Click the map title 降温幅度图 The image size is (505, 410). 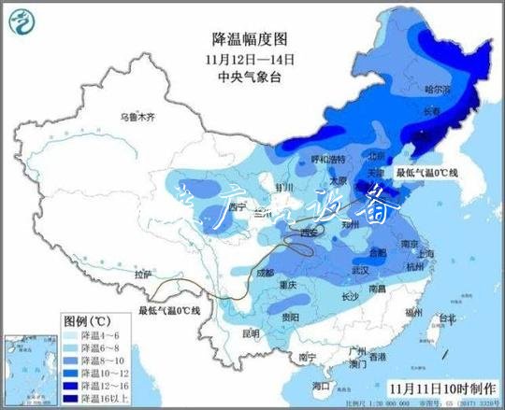[x=249, y=38]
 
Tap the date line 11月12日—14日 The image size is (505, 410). [x=249, y=59]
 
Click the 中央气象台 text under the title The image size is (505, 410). [x=249, y=77]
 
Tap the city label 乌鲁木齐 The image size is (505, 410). [x=137, y=118]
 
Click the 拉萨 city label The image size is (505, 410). [x=142, y=275]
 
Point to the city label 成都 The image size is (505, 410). [x=264, y=273]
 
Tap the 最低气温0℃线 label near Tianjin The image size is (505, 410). [x=426, y=173]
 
